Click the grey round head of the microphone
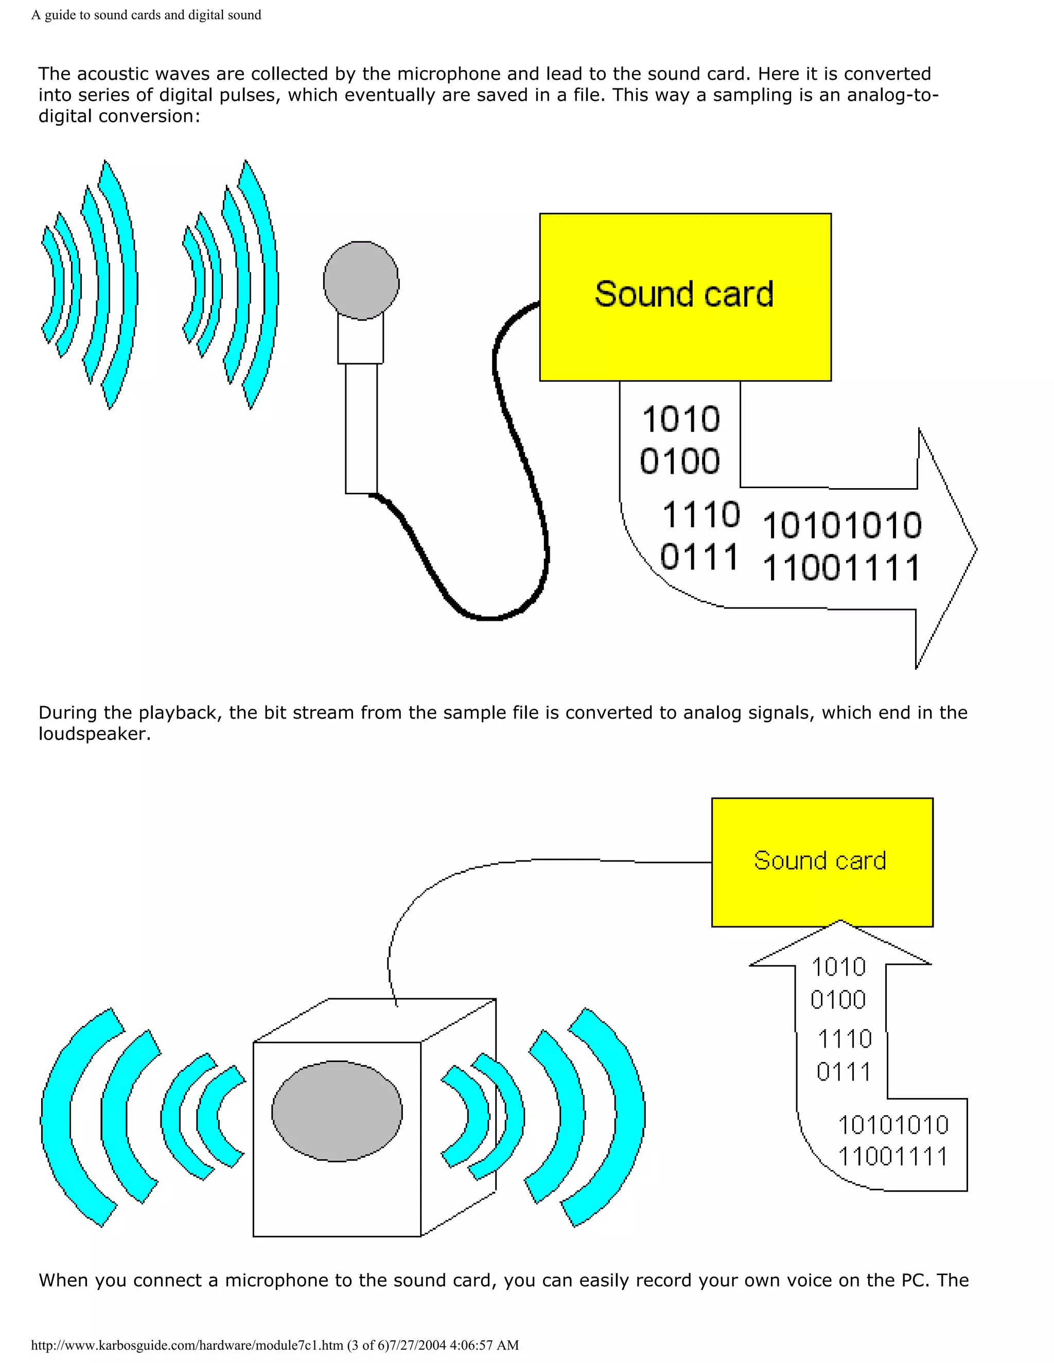pos(361,281)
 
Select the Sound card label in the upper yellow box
pos(684,295)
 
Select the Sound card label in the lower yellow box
pos(820,860)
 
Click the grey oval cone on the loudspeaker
pos(337,1111)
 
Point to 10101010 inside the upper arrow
pos(841,526)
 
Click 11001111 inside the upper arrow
pos(841,568)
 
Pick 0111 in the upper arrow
pos(699,557)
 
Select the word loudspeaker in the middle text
pos(94,734)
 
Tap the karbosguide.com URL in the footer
pos(187,1345)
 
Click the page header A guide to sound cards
pos(146,15)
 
